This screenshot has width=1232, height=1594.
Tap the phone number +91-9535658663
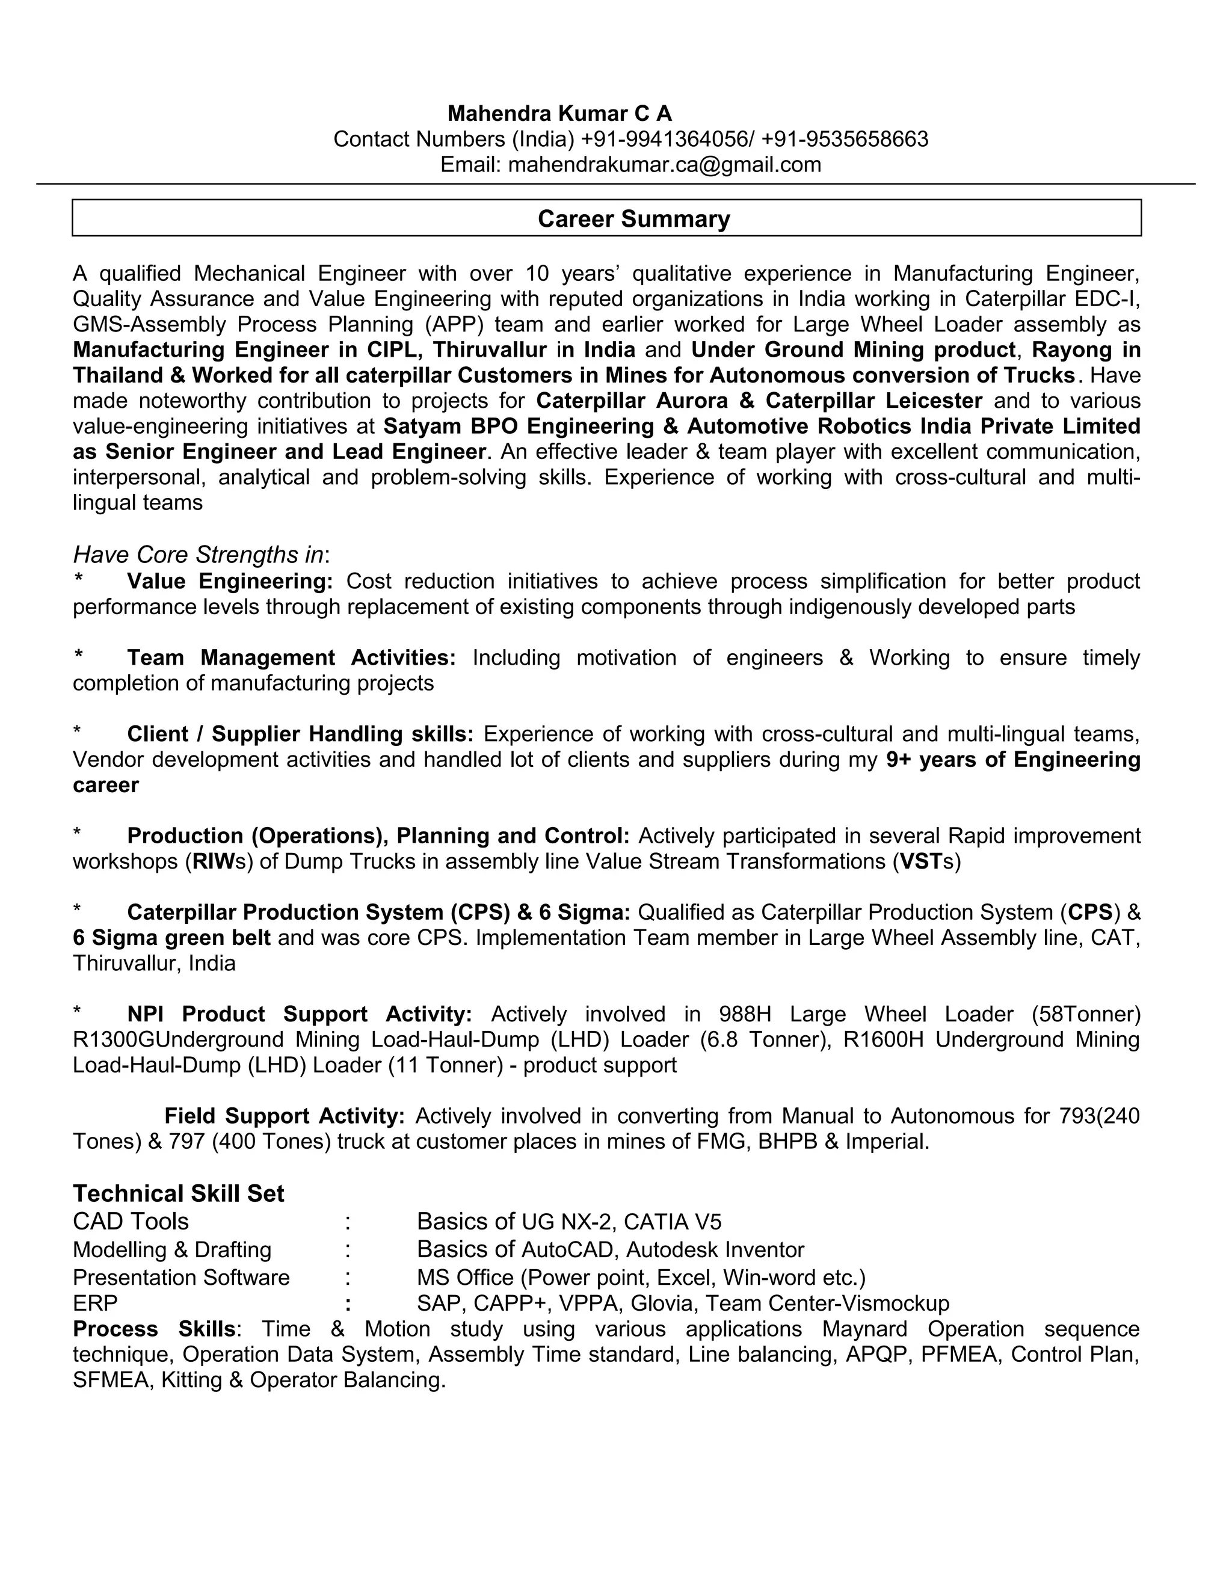pyautogui.click(x=845, y=139)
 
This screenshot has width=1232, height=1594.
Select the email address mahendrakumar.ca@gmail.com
pyautogui.click(x=664, y=164)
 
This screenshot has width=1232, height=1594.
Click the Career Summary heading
pyautogui.click(x=633, y=219)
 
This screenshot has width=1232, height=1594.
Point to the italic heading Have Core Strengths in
pyautogui.click(x=199, y=555)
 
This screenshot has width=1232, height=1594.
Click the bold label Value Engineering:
pyautogui.click(x=230, y=581)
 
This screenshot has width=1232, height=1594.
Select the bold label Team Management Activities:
pyautogui.click(x=291, y=657)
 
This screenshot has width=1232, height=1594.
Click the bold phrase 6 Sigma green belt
pyautogui.click(x=171, y=937)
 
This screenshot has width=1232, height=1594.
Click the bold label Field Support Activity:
pyautogui.click(x=284, y=1116)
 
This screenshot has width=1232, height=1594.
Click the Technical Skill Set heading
pyautogui.click(x=178, y=1193)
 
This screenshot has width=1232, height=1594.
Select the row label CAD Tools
pyautogui.click(x=131, y=1222)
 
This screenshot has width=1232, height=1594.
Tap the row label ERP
pyautogui.click(x=95, y=1303)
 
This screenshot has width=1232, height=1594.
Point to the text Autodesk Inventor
pyautogui.click(x=715, y=1251)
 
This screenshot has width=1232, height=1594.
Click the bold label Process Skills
pyautogui.click(x=154, y=1329)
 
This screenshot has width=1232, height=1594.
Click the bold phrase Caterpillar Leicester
pyautogui.click(x=873, y=401)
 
